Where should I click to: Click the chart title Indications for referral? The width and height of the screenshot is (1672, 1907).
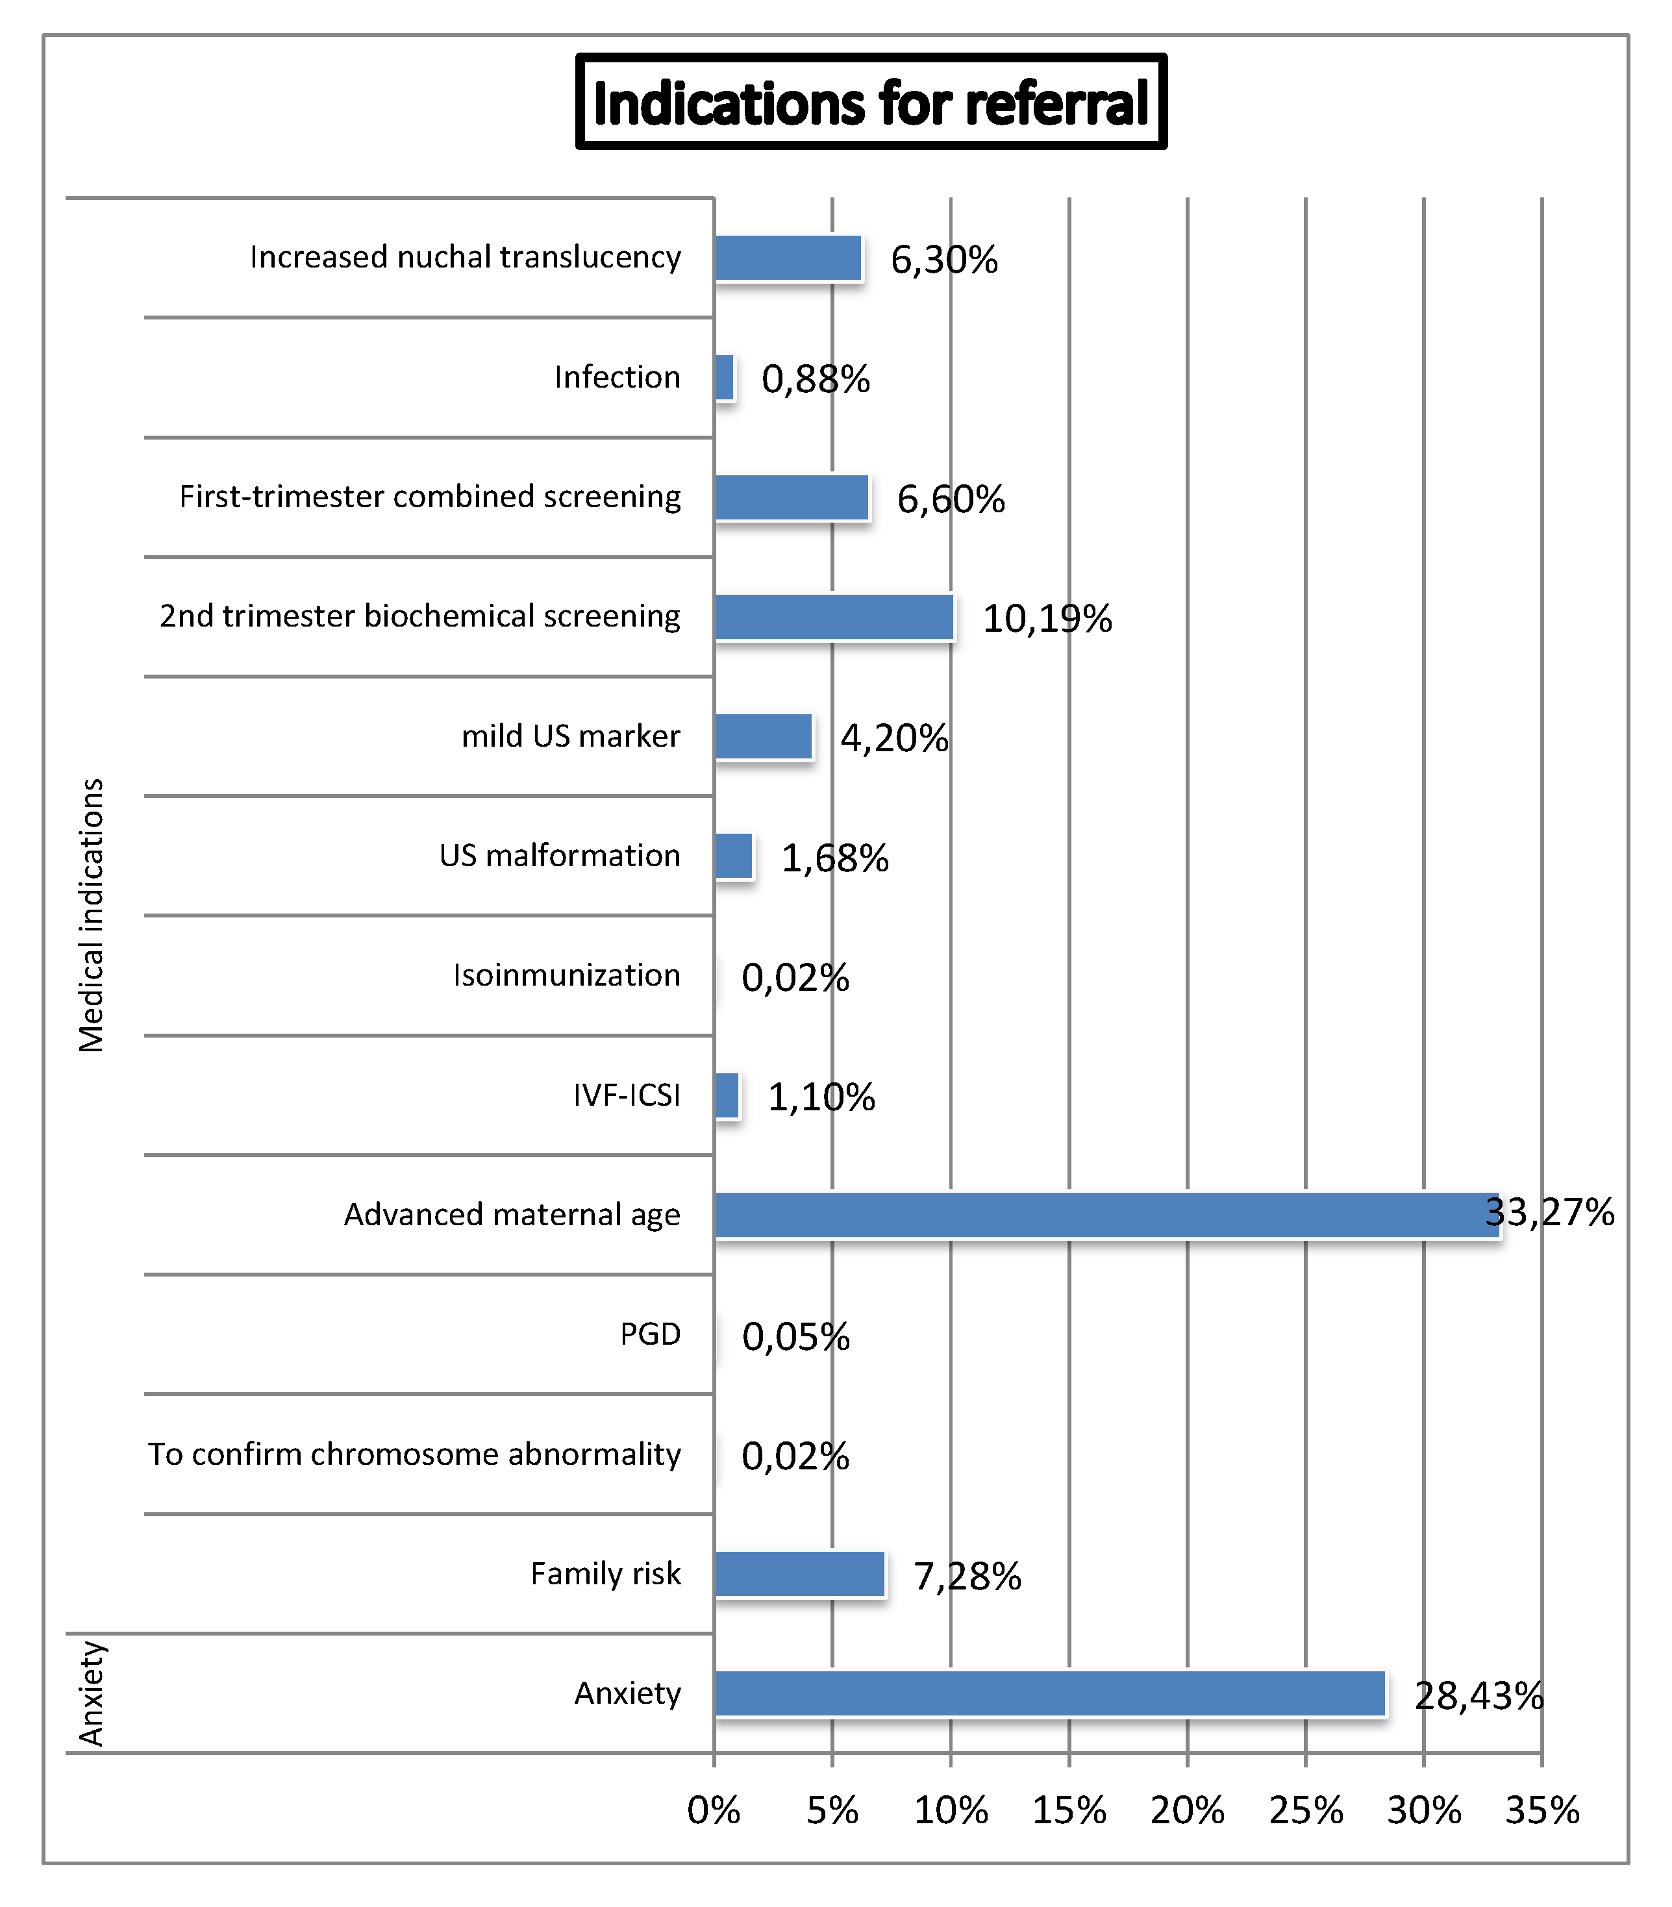pyautogui.click(x=871, y=102)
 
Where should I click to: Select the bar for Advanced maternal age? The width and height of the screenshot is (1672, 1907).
pyautogui.click(x=1106, y=1215)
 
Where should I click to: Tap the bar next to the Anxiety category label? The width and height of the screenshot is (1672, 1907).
pyautogui.click(x=1050, y=1693)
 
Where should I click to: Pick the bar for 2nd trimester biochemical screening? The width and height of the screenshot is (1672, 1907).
pyautogui.click(x=834, y=617)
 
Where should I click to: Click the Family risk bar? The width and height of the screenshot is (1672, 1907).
pyautogui.click(x=799, y=1574)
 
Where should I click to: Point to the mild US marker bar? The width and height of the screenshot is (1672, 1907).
pyautogui.click(x=763, y=736)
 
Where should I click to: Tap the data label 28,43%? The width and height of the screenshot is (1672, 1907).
pyautogui.click(x=1479, y=1695)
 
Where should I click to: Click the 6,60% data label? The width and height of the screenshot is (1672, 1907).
pyautogui.click(x=951, y=499)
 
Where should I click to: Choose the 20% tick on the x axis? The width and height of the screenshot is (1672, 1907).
pyautogui.click(x=1187, y=1810)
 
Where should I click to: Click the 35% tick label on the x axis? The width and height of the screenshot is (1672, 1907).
pyautogui.click(x=1541, y=1810)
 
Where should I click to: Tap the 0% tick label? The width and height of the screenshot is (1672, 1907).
pyautogui.click(x=714, y=1810)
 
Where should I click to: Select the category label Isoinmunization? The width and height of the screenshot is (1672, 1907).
pyautogui.click(x=566, y=975)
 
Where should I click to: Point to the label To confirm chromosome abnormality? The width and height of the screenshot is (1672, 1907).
pyautogui.click(x=414, y=1454)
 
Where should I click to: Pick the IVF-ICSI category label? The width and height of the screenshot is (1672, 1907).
pyautogui.click(x=627, y=1094)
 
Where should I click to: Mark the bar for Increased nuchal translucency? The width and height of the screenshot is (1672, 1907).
pyautogui.click(x=788, y=258)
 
